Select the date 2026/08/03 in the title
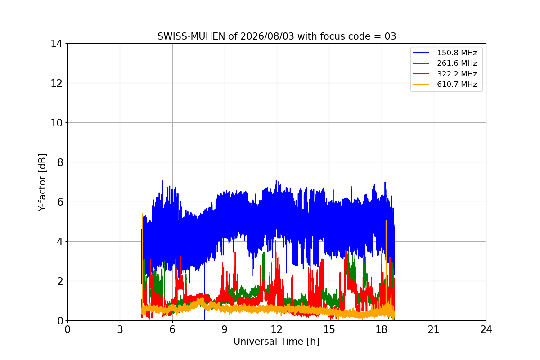[x=267, y=36]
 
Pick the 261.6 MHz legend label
[x=457, y=63]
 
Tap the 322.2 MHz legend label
[x=457, y=74]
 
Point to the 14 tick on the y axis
[x=56, y=44]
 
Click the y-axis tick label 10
[x=56, y=123]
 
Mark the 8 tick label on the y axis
[x=60, y=162]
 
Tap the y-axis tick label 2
[x=60, y=281]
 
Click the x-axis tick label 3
[x=120, y=329]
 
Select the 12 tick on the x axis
[x=277, y=329]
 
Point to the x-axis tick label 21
[x=434, y=329]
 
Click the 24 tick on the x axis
[x=486, y=329]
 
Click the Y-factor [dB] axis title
[x=42, y=183]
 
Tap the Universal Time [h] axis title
[x=276, y=342]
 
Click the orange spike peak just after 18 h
[x=386, y=221]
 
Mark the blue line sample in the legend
[x=421, y=53]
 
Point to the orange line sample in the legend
[x=421, y=85]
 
